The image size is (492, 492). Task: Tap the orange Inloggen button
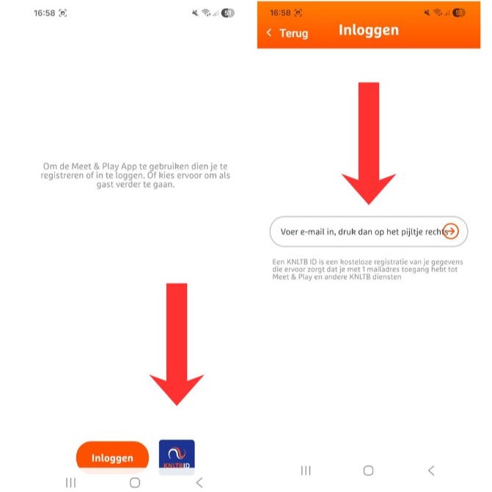112,458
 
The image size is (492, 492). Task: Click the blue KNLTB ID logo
177,457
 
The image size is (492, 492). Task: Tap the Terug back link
287,33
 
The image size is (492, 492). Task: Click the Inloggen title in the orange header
369,30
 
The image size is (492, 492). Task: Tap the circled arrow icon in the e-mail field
451,231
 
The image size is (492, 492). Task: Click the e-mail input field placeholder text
364,232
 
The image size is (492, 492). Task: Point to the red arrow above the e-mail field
369,144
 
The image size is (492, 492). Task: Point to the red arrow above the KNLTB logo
177,344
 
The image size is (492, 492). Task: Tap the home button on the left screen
135,482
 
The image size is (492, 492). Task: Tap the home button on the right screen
368,471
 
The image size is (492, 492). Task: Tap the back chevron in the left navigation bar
199,482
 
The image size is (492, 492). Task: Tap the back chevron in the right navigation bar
431,471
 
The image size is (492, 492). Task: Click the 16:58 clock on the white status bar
44,13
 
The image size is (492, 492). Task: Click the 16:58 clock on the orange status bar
280,13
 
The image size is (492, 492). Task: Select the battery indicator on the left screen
228,13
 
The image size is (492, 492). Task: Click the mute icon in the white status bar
195,13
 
